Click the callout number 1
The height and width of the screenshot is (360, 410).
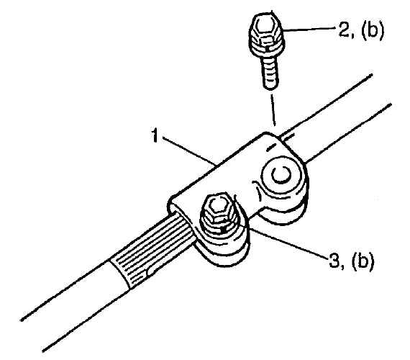pos(155,135)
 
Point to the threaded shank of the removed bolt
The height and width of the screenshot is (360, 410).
pos(269,74)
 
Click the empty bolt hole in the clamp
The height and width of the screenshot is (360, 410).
pos(281,175)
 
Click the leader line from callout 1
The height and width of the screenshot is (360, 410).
pos(188,151)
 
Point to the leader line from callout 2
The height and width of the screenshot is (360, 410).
pos(309,30)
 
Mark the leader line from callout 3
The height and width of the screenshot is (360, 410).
pos(288,244)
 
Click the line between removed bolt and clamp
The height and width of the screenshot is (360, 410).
pos(273,110)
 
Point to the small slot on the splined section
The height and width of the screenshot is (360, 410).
pos(154,270)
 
